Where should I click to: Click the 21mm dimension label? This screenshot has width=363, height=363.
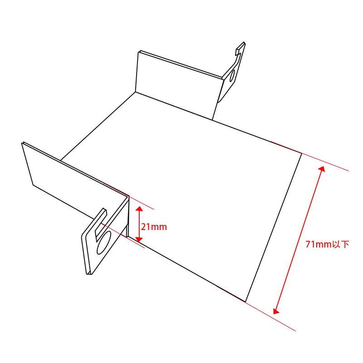(x=154, y=226)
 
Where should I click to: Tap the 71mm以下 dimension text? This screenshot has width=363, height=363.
(x=327, y=245)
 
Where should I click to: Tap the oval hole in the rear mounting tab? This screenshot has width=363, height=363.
(x=232, y=75)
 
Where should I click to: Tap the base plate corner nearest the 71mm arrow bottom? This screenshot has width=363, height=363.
(x=245, y=302)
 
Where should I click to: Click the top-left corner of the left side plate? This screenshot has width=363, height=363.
(x=22, y=144)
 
